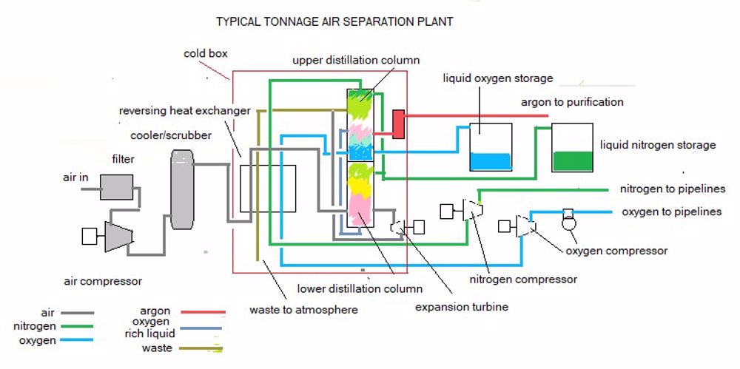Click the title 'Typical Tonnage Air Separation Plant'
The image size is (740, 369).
coord(334,22)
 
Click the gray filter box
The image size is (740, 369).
coord(116,187)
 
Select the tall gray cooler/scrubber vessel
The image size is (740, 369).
coord(181,189)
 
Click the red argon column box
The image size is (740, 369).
coord(398,124)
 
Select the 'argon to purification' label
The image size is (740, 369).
coord(572,102)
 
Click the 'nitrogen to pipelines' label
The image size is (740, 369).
coord(673,189)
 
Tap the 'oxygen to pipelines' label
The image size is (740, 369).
coord(671,212)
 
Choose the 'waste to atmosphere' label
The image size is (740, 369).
coord(303,310)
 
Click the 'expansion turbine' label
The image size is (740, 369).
coord(462,307)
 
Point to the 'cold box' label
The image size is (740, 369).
coord(206,54)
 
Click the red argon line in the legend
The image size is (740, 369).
coord(198,312)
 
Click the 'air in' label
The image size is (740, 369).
coord(76,178)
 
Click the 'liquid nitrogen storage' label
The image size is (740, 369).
coord(658,145)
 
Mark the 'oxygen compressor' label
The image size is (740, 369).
coord(616,251)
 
